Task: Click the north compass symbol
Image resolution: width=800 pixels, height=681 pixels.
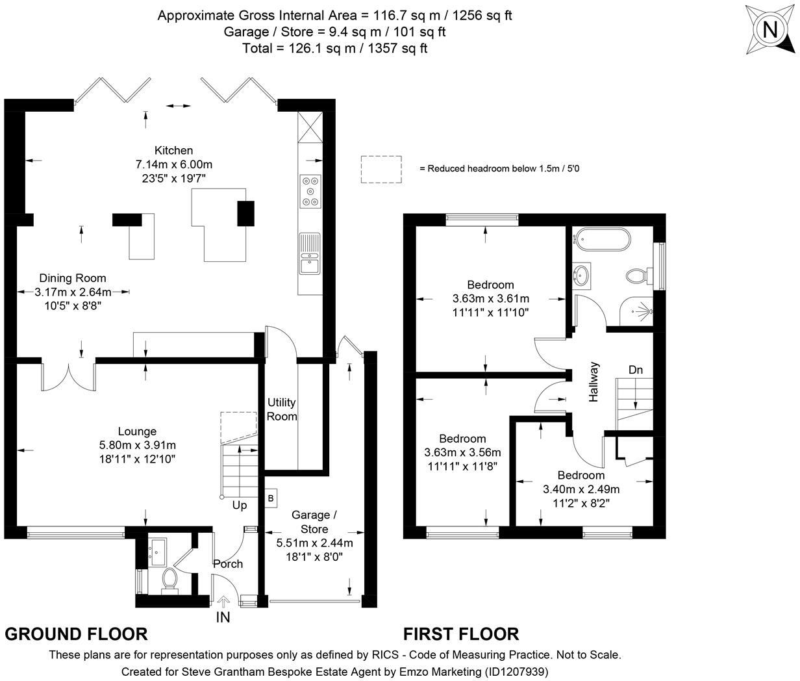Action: point(770,30)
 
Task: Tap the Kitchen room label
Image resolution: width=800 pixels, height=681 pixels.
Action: point(173,151)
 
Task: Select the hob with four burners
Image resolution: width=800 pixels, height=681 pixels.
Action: point(310,191)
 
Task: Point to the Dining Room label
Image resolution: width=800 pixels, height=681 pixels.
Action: point(73,278)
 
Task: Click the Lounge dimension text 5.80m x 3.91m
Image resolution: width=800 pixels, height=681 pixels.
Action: point(137,445)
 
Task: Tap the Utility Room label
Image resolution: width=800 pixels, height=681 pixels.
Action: point(282,409)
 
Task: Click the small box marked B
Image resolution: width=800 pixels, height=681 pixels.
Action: point(270,498)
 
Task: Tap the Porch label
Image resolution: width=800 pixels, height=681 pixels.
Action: point(228,564)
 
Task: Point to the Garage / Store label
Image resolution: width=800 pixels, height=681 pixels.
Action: point(314,522)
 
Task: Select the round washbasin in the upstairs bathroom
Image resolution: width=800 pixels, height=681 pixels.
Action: point(582,276)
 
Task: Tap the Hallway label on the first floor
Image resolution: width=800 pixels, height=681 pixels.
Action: point(594,382)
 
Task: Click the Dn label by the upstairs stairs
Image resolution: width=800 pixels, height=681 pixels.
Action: point(635,370)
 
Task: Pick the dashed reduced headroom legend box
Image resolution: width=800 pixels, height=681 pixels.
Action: point(381,168)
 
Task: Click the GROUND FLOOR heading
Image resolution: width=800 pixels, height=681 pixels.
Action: point(77,634)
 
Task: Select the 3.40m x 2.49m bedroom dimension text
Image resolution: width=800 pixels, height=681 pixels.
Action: point(581,489)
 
